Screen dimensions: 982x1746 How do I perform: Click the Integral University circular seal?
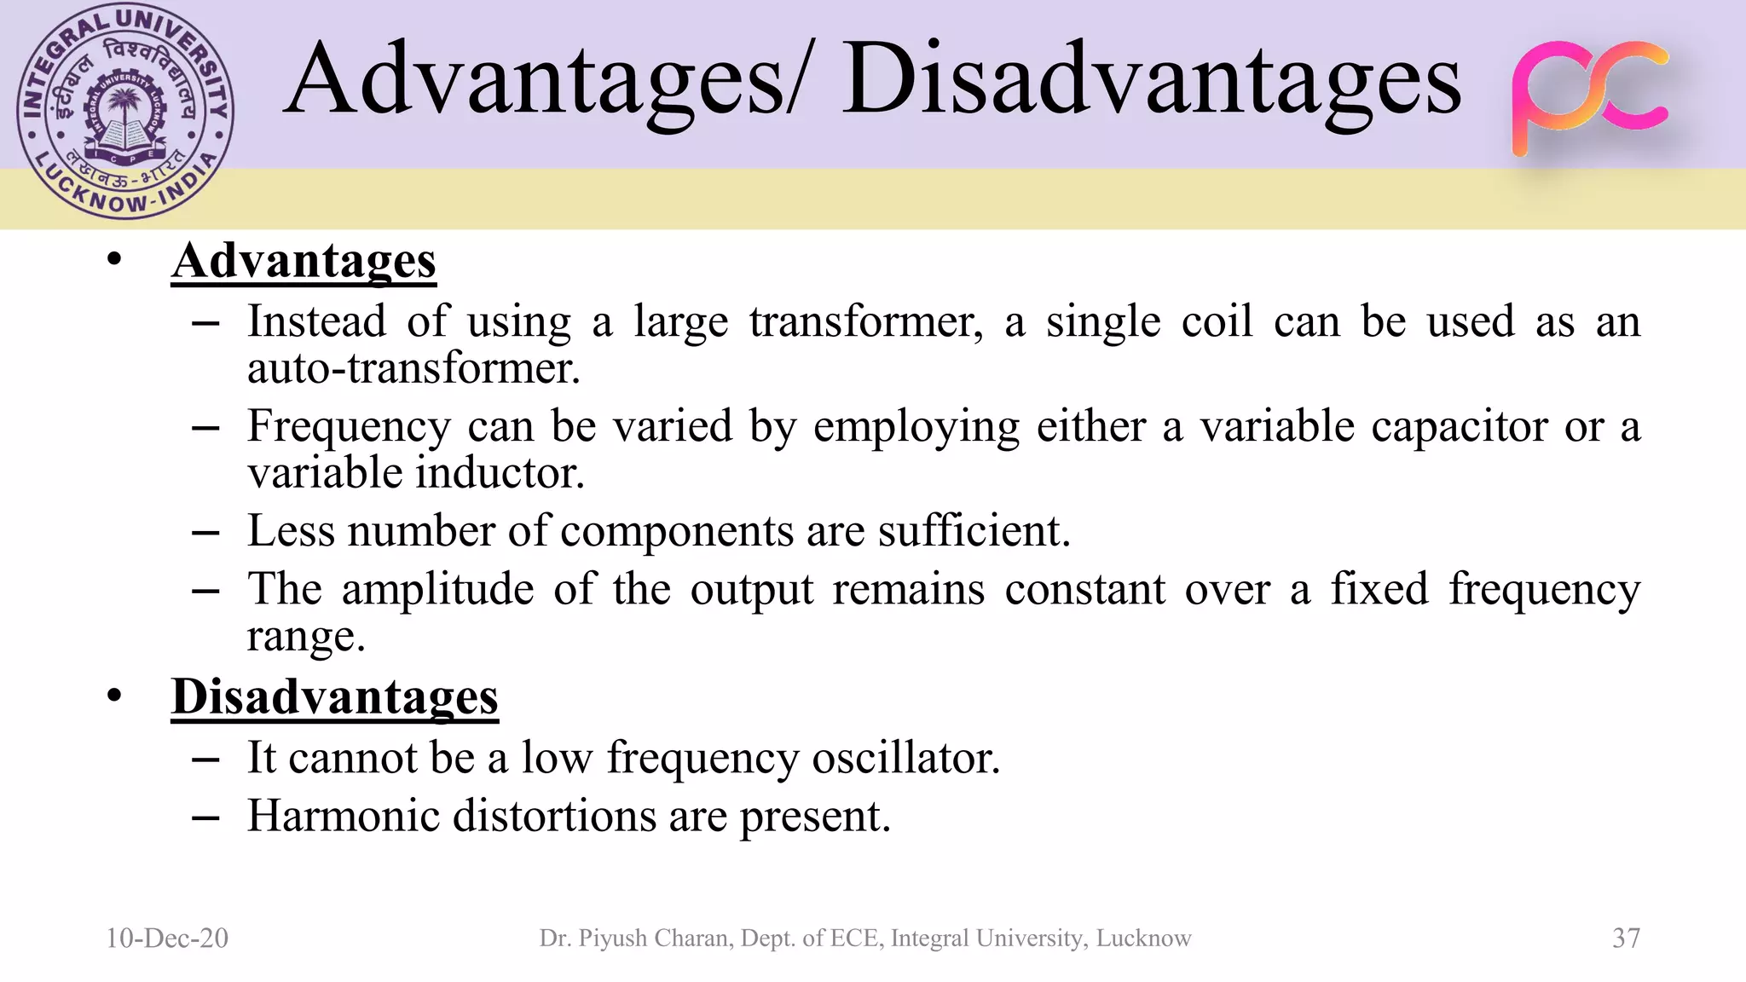(125, 111)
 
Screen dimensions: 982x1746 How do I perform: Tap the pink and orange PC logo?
(1590, 98)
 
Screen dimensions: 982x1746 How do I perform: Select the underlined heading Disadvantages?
(334, 696)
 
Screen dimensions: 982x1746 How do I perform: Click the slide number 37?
(1626, 938)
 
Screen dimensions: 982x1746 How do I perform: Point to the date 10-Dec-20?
(167, 938)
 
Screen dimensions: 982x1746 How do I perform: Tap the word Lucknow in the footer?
(1143, 938)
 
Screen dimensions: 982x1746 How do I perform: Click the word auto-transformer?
(413, 368)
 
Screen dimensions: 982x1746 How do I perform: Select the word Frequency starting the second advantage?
(349, 426)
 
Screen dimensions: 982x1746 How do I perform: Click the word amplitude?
(438, 589)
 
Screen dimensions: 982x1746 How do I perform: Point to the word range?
(306, 637)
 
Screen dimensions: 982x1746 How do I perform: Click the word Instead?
(317, 322)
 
